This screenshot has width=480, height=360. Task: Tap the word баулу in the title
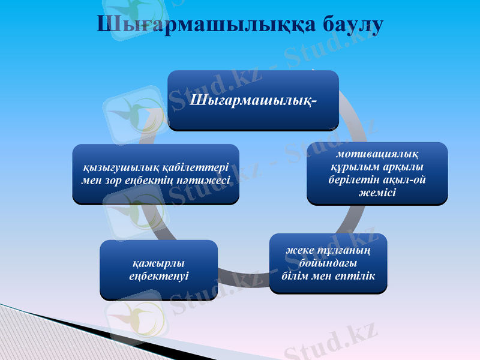click(344, 25)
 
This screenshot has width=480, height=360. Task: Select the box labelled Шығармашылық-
click(253, 100)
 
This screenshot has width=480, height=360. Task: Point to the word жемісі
click(377, 191)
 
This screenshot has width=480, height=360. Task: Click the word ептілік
click(356, 275)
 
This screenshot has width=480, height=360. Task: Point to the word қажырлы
click(158, 263)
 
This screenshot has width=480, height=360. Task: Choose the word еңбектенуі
click(158, 276)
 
